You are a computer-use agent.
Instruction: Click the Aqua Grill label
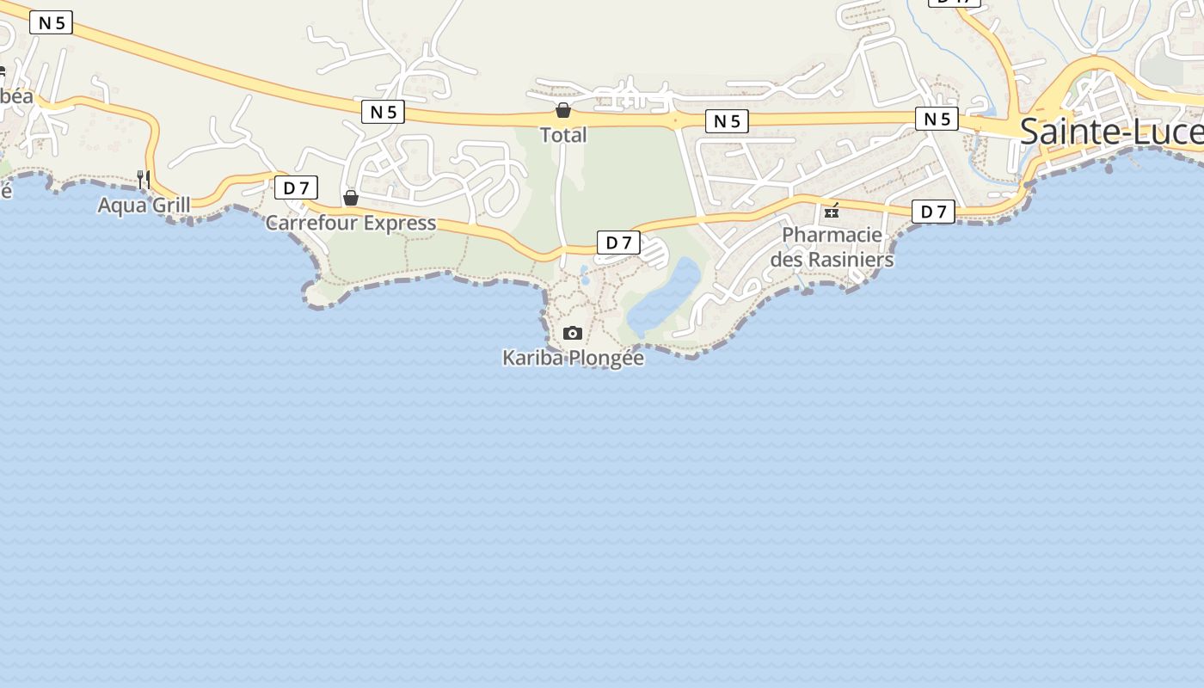pyautogui.click(x=144, y=206)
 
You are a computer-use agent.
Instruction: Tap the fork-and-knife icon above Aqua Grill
pyautogui.click(x=144, y=179)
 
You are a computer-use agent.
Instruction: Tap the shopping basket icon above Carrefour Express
pyautogui.click(x=351, y=199)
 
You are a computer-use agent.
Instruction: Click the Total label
pyautogui.click(x=563, y=135)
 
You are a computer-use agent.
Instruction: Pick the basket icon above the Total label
pyautogui.click(x=563, y=110)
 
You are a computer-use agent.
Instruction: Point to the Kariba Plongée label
pyautogui.click(x=573, y=358)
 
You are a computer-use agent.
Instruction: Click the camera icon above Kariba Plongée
pyautogui.click(x=573, y=333)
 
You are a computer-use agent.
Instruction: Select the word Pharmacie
pyautogui.click(x=832, y=235)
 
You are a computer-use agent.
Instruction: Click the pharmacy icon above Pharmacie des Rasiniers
pyautogui.click(x=832, y=210)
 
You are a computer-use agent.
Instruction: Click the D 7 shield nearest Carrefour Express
pyautogui.click(x=296, y=187)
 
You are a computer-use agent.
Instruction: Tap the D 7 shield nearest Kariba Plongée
pyautogui.click(x=618, y=243)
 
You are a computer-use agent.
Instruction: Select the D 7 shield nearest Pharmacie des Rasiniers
pyautogui.click(x=933, y=212)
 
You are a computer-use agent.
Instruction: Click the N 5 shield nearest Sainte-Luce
pyautogui.click(x=937, y=119)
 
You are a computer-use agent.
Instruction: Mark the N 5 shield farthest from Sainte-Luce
pyautogui.click(x=51, y=22)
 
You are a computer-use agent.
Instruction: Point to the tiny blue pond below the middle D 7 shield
pyautogui.click(x=585, y=274)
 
